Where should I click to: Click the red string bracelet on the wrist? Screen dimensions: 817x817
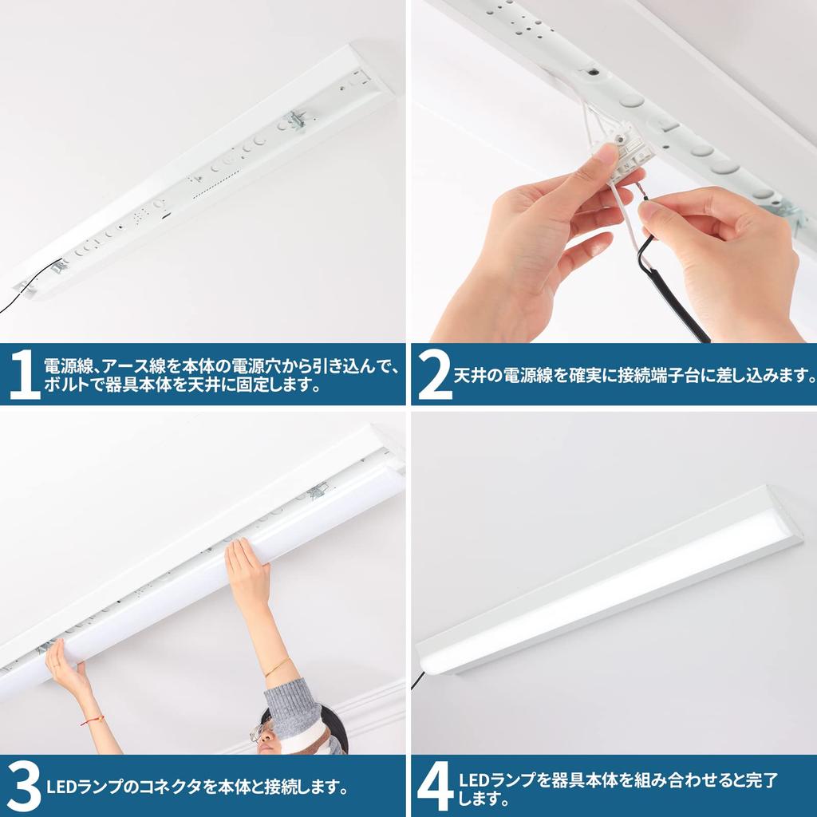(x=92, y=720)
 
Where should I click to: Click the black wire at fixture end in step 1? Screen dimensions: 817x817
(x=24, y=290)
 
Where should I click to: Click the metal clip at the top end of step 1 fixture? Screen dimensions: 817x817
(x=298, y=120)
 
